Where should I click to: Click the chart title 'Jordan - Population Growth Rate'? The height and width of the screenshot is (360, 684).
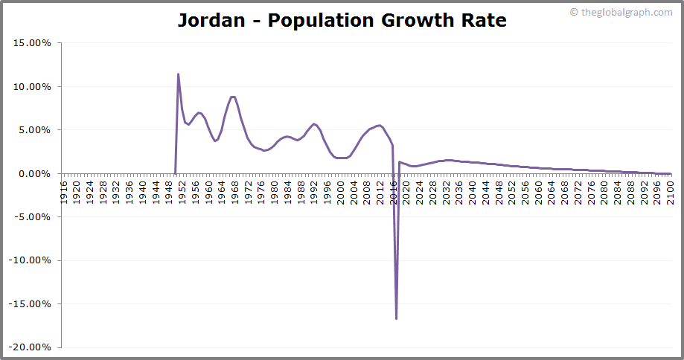pyautogui.click(x=342, y=20)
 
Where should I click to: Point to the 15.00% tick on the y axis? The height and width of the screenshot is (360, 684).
pyautogui.click(x=31, y=43)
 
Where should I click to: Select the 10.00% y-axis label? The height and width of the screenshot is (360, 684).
pyautogui.click(x=31, y=86)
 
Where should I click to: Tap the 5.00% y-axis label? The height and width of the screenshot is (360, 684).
pyautogui.click(x=34, y=130)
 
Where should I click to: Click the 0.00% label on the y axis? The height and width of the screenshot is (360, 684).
pyautogui.click(x=34, y=173)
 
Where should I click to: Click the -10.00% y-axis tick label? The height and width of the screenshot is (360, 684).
pyautogui.click(x=30, y=260)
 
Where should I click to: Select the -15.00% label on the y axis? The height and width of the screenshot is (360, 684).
pyautogui.click(x=30, y=304)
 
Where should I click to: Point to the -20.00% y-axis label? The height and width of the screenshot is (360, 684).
pyautogui.click(x=30, y=347)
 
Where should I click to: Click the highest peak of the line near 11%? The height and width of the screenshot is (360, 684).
pyautogui.click(x=178, y=74)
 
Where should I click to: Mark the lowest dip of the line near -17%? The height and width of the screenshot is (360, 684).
pyautogui.click(x=396, y=318)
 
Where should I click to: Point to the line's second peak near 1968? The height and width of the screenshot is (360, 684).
pyautogui.click(x=233, y=97)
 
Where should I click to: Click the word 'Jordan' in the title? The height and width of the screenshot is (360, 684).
pyautogui.click(x=211, y=20)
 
